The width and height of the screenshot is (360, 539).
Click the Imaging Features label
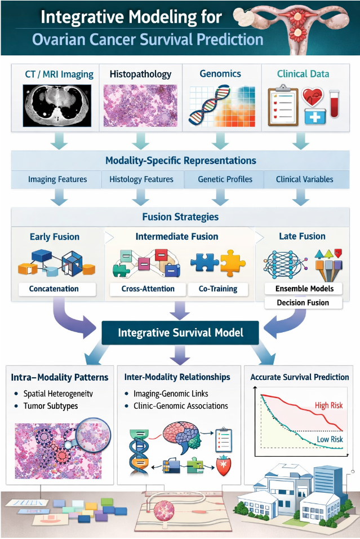pos(57,180)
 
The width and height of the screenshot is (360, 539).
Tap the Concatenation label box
pos(55,289)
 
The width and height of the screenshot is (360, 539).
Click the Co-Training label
pos(218,289)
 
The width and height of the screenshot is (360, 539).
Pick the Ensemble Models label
pos(305,289)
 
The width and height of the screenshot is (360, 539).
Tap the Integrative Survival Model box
pos(180,333)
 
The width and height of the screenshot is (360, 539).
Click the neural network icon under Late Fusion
pos(286,263)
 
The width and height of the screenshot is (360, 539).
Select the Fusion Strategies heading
pos(180,217)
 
